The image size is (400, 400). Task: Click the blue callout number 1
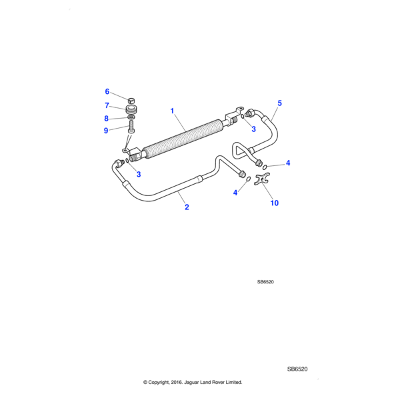tap(172, 111)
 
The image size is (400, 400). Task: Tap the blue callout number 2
tap(187, 207)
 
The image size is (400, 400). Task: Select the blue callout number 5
tap(280, 103)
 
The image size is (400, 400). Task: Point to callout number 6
tap(107, 91)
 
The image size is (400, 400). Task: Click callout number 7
tap(107, 105)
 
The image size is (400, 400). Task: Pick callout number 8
tap(107, 118)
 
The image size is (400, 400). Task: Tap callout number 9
tap(107, 131)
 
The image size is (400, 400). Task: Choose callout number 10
tap(274, 203)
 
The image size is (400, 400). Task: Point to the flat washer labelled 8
tap(131, 118)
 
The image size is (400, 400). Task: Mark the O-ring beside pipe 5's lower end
tap(266, 166)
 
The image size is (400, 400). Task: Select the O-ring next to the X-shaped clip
tap(248, 179)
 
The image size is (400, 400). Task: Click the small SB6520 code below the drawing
tap(265, 282)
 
